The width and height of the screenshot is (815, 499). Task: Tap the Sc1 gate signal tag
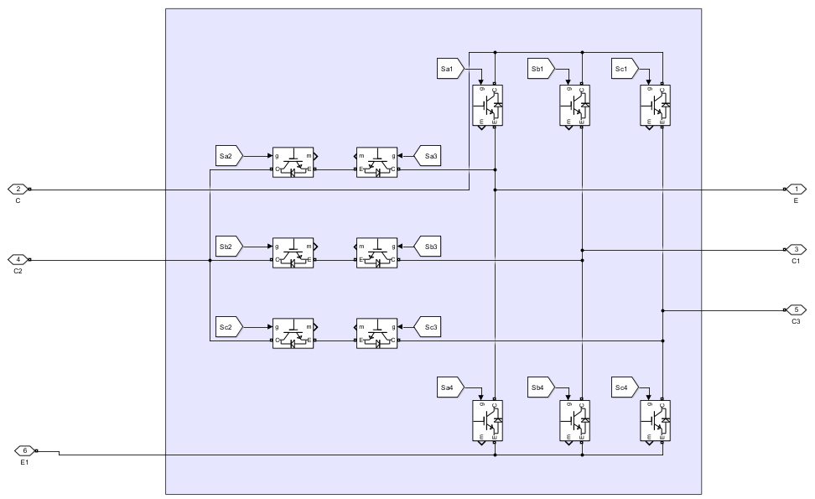point(623,68)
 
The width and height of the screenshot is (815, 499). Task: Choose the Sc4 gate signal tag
point(623,387)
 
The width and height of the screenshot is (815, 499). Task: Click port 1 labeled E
point(794,189)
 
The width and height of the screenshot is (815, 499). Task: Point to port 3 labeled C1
point(794,249)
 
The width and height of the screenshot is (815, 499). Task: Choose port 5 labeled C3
point(794,309)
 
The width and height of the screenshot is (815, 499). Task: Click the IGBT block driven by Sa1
point(487,105)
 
